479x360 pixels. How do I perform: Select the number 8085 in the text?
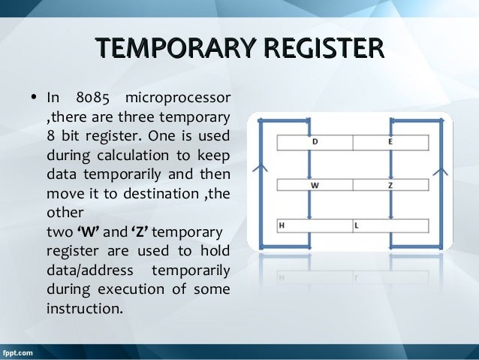pyautogui.click(x=89, y=98)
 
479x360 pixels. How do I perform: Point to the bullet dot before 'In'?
pyautogui.click(x=33, y=98)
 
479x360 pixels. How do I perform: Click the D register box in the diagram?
pyautogui.click(x=315, y=142)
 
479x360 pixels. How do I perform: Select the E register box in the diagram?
pyautogui.click(x=390, y=142)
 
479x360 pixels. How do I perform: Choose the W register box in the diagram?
pyautogui.click(x=315, y=185)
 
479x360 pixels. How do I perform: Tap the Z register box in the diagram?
pyautogui.click(x=390, y=185)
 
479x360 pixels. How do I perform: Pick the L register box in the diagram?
pyautogui.click(x=390, y=225)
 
